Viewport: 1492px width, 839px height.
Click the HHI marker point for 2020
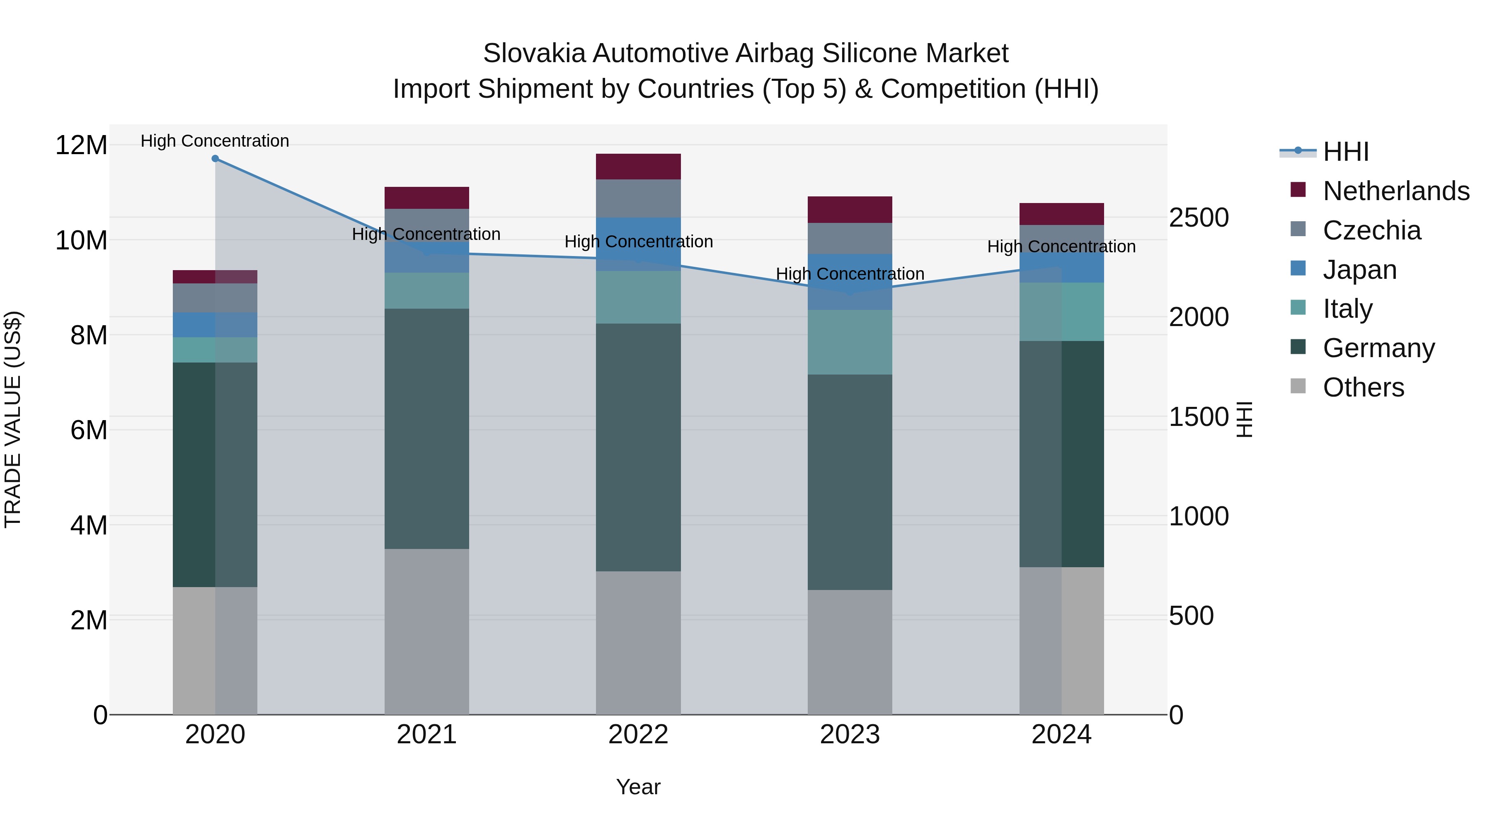(x=215, y=159)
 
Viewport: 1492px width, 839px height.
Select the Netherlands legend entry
(x=1396, y=191)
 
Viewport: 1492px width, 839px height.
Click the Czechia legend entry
(x=1371, y=230)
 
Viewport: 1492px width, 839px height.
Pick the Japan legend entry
(x=1359, y=270)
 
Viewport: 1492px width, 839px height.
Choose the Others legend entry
(x=1364, y=387)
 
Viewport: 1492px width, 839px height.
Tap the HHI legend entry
(x=1345, y=152)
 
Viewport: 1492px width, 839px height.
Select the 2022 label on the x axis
(x=638, y=735)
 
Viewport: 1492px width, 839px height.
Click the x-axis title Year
(x=638, y=787)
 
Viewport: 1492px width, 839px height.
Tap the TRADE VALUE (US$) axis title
(x=13, y=419)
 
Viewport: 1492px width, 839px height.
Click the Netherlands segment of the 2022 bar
(x=638, y=167)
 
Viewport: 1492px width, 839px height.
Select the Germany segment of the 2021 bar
(x=427, y=428)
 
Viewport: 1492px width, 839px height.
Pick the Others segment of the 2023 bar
(x=850, y=652)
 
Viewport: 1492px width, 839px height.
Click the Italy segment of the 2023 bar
(x=850, y=342)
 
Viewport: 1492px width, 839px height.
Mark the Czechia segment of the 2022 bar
(x=638, y=198)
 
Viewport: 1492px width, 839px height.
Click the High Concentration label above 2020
(x=215, y=141)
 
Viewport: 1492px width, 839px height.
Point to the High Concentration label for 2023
(x=850, y=274)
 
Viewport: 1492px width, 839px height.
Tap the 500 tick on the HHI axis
(x=1191, y=616)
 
